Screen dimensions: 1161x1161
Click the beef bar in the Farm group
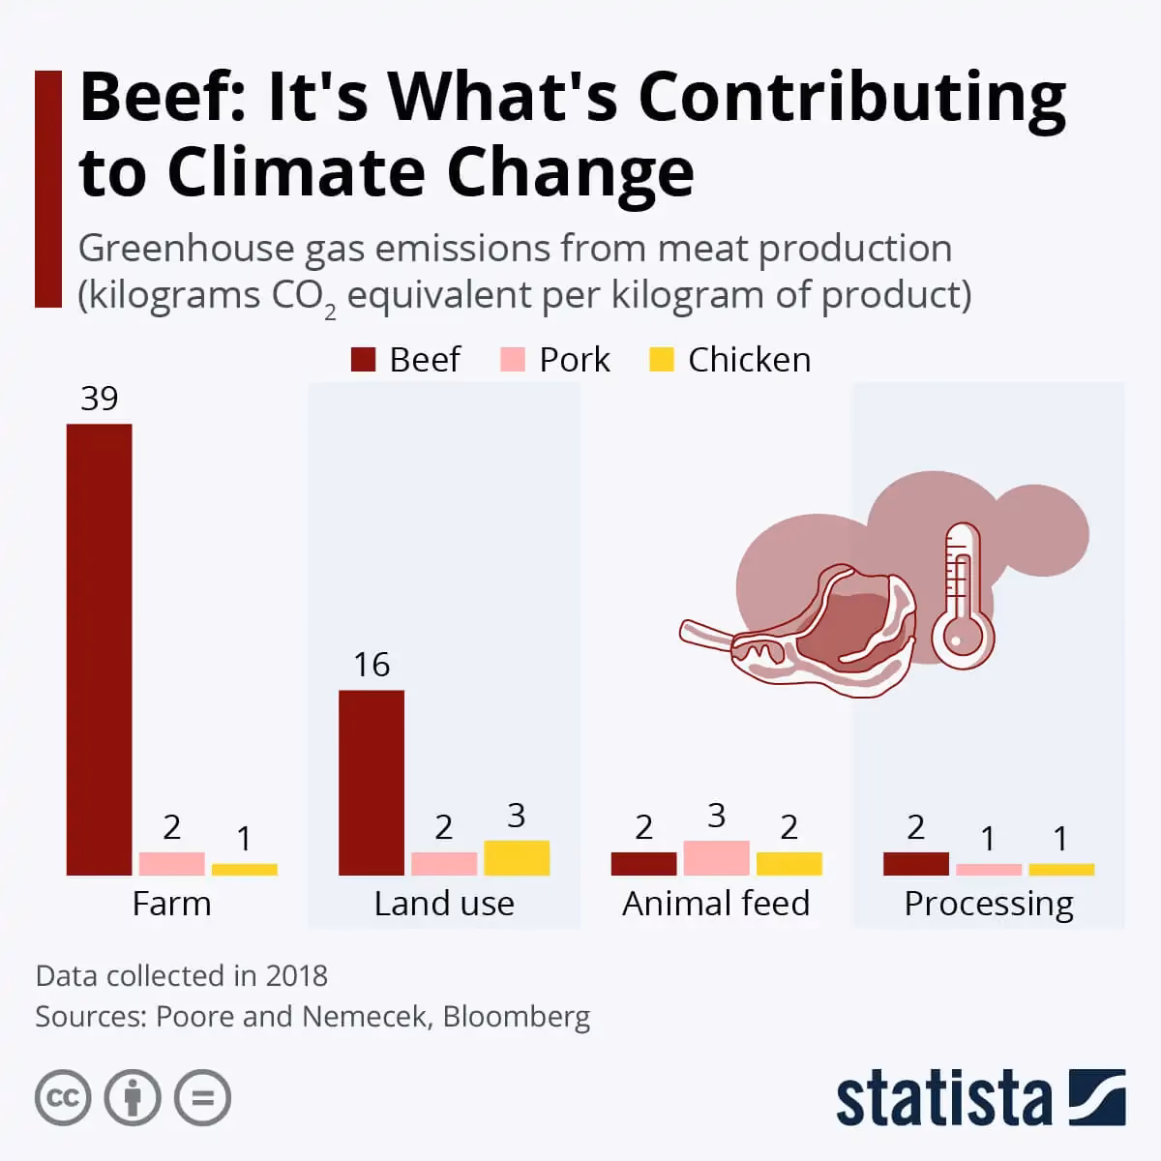click(x=99, y=649)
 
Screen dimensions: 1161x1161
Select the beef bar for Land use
click(x=372, y=782)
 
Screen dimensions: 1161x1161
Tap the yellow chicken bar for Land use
click(x=517, y=857)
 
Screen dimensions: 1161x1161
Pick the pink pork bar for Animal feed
click(x=716, y=857)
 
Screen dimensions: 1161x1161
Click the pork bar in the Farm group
click(x=171, y=863)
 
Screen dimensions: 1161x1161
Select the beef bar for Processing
click(x=915, y=863)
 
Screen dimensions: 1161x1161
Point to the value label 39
click(x=99, y=399)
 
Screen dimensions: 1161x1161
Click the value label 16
click(x=372, y=665)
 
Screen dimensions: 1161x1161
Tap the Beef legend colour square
click(x=363, y=360)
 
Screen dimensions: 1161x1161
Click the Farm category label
click(x=171, y=904)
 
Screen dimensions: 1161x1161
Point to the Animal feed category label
click(x=716, y=904)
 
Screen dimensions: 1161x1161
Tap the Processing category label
click(x=988, y=904)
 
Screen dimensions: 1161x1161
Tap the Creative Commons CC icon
click(x=63, y=1098)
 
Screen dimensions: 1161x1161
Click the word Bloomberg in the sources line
click(x=516, y=1017)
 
